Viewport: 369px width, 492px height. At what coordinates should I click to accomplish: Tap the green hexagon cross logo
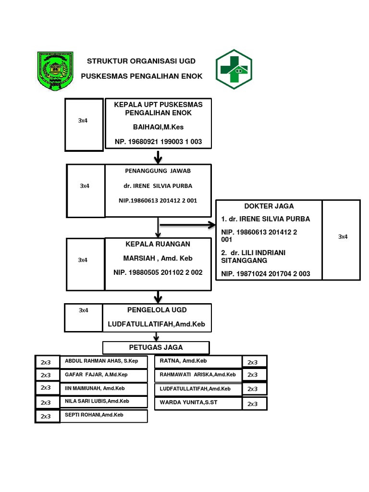click(234, 69)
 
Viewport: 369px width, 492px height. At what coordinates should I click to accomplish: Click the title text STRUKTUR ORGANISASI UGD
click(141, 61)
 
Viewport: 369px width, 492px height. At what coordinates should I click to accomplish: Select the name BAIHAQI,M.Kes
click(158, 127)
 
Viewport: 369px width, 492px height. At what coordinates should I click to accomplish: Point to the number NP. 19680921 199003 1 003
click(158, 142)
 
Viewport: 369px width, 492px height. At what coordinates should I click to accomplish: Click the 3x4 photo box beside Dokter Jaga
click(343, 237)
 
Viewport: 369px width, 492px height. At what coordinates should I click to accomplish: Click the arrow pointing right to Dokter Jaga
click(187, 224)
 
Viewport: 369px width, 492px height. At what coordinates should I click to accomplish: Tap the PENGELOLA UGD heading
click(157, 310)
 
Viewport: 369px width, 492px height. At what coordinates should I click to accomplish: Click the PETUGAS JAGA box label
click(156, 347)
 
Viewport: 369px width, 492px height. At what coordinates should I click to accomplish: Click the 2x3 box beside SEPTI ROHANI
click(46, 416)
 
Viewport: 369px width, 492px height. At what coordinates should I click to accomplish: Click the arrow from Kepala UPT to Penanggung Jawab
click(158, 157)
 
